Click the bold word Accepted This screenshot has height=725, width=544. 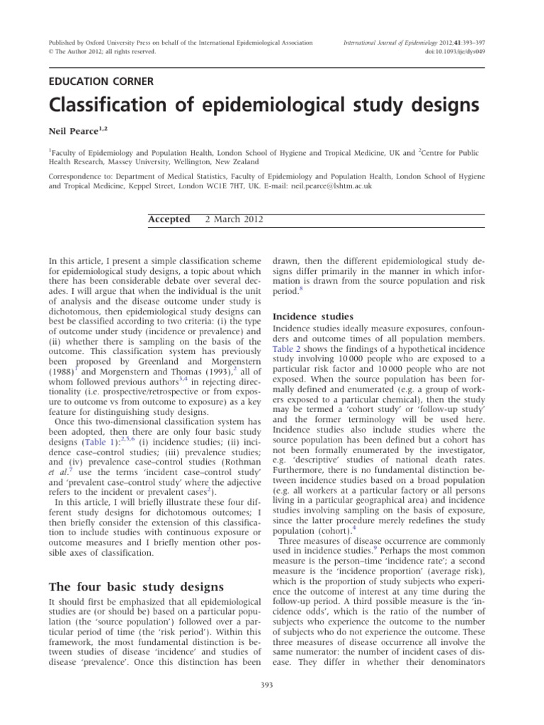click(169, 219)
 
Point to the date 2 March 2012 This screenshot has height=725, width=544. click(234, 219)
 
